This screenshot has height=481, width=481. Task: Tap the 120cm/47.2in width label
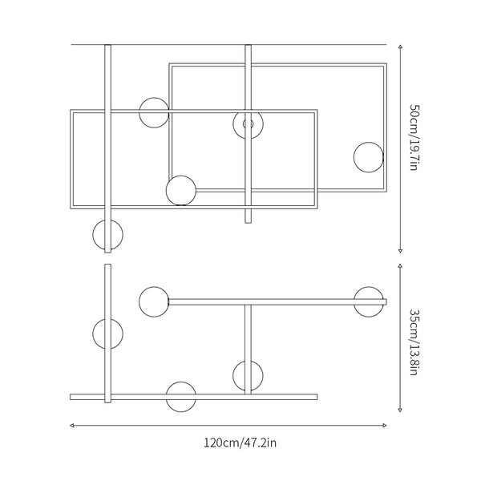[240, 442]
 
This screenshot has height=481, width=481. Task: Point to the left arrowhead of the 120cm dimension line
[73, 425]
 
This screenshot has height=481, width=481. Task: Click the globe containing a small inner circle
[248, 124]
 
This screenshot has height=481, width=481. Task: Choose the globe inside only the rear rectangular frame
[369, 156]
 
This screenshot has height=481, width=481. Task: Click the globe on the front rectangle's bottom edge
[181, 190]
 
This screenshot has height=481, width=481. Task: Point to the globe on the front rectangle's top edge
[154, 112]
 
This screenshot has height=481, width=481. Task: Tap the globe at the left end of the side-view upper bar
[153, 301]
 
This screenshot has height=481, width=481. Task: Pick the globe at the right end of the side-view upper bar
[370, 301]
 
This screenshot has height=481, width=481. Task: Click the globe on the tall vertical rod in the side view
[107, 333]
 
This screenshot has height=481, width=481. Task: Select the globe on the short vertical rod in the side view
[248, 374]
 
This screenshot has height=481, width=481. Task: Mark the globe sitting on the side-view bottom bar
[180, 396]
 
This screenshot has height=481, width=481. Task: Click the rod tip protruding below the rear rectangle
[248, 216]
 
